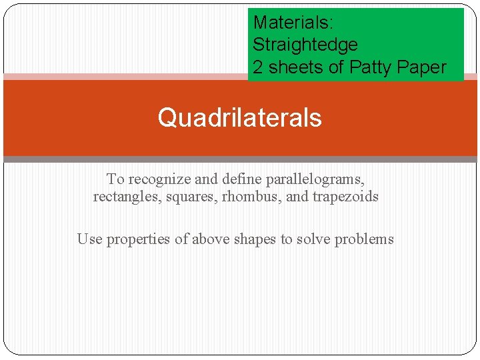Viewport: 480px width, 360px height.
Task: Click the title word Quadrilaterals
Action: [x=239, y=118]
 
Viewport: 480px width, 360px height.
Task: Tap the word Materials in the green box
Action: [x=293, y=23]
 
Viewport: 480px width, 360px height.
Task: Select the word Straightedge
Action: [x=305, y=45]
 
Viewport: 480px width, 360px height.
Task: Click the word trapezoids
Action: [x=345, y=197]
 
